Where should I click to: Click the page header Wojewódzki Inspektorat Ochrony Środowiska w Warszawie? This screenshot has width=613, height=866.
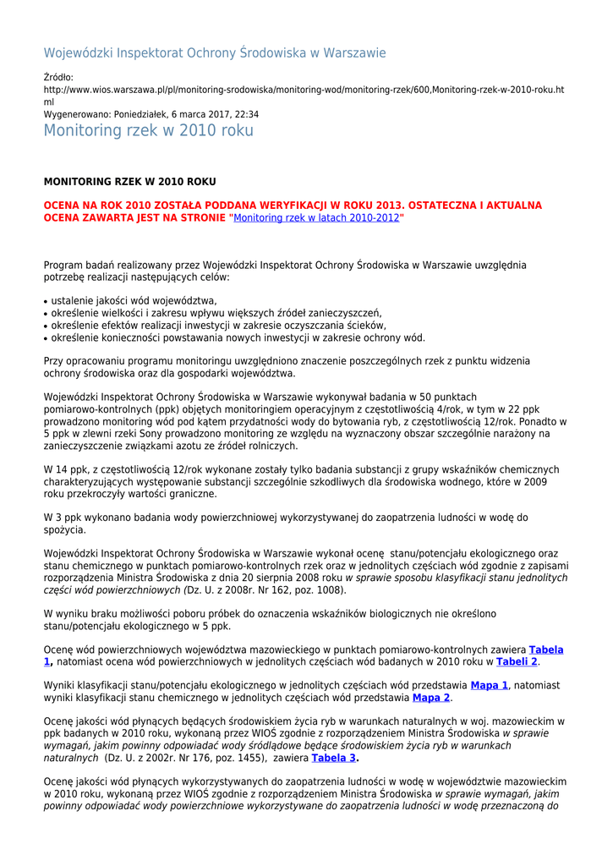click(215, 53)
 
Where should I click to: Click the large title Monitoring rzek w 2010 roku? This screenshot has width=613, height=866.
click(148, 130)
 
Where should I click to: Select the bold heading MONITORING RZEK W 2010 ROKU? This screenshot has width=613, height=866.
click(129, 182)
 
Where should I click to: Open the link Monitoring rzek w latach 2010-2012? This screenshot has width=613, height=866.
click(315, 217)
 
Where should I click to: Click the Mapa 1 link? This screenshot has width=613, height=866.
click(489, 685)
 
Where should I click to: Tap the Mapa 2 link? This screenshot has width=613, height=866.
click(430, 698)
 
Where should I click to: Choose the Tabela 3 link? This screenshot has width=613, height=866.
click(334, 758)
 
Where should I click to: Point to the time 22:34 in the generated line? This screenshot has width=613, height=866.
click(245, 114)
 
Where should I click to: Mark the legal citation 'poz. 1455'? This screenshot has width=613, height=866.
click(237, 759)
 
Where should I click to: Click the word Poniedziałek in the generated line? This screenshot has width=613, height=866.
click(143, 114)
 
